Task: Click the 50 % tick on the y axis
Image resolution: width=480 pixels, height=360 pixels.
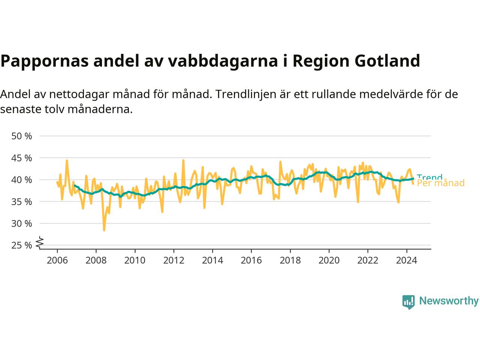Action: [22, 136]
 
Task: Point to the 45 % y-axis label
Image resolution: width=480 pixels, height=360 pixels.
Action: [22, 158]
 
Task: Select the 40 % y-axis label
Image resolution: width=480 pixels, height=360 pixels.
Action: [22, 180]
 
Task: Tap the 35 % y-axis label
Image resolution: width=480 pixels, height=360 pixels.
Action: [22, 202]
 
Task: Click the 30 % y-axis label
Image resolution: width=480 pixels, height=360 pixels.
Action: [22, 223]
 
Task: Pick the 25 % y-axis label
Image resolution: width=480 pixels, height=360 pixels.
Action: [22, 245]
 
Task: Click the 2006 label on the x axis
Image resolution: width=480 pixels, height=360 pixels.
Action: [57, 260]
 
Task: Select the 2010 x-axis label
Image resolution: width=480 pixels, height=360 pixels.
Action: [135, 260]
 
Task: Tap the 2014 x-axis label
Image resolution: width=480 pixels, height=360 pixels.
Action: [212, 260]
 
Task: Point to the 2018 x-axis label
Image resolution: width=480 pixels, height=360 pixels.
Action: [290, 260]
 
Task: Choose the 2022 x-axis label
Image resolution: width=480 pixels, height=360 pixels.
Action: [367, 260]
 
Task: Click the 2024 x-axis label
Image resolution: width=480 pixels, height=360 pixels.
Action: [406, 260]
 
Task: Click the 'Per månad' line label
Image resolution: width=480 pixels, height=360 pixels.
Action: [441, 183]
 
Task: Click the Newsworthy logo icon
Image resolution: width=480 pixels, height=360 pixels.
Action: [408, 301]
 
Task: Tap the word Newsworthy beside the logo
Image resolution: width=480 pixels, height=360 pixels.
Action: [449, 301]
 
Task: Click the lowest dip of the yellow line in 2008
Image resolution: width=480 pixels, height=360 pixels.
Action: [104, 230]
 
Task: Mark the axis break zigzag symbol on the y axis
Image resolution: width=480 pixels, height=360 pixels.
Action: [40, 243]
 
